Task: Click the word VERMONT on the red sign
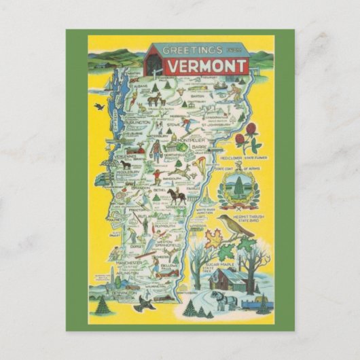197,67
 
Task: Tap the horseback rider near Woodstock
176,195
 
